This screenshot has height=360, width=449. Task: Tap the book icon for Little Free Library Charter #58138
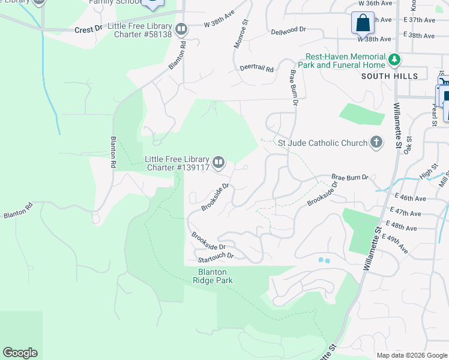181,29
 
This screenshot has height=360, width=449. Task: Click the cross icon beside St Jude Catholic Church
376,142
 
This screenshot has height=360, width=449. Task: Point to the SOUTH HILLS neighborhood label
390,76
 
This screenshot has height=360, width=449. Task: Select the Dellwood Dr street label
288,31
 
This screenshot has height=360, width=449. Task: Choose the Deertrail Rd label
256,68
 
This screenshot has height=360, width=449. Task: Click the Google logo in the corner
20,353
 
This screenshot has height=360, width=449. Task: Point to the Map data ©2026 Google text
411,355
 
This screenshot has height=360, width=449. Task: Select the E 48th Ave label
403,228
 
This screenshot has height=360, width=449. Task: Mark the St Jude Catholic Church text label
322,143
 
